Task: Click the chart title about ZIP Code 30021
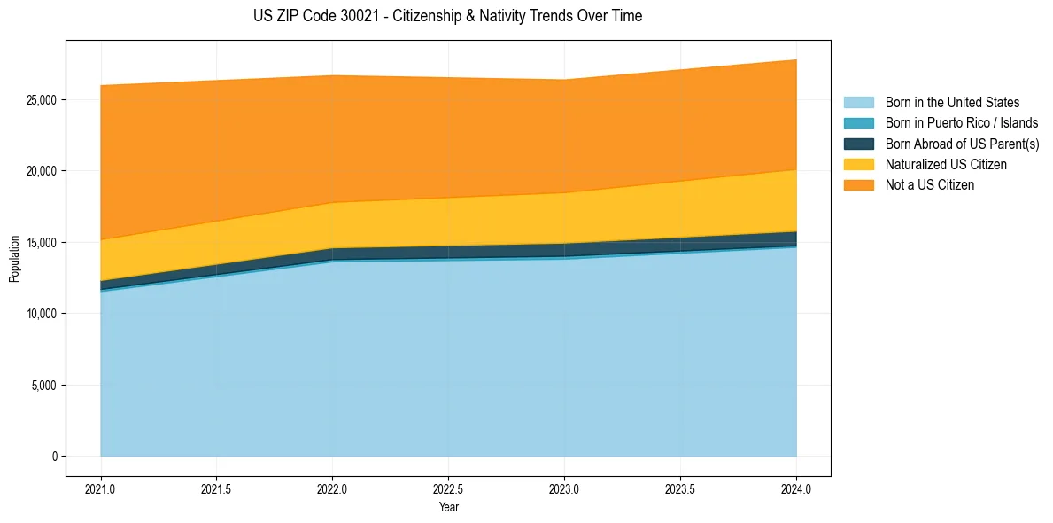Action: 447,16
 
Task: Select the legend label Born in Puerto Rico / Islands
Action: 962,123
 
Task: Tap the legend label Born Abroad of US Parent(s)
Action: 962,144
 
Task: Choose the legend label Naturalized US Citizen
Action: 946,165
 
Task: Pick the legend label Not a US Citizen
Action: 929,185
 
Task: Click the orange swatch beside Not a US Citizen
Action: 858,185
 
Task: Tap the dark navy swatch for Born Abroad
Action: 858,144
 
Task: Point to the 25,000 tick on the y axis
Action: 42,99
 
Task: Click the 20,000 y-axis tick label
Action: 42,170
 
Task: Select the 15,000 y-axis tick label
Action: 42,242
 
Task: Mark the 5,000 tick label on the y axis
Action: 44,386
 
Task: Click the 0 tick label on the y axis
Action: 54,457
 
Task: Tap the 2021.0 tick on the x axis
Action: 101,488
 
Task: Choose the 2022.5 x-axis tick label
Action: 448,488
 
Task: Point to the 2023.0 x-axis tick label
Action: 564,488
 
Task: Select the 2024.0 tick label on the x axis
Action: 796,488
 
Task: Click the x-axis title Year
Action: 448,508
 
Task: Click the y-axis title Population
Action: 14,259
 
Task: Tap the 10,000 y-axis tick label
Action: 42,314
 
